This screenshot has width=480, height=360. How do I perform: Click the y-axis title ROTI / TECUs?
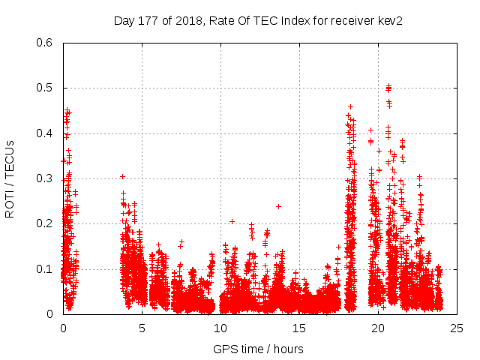10,178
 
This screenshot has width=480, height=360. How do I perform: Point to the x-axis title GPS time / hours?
258,349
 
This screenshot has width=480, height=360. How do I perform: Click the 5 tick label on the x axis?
142,328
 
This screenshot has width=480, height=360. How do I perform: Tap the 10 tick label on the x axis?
220,328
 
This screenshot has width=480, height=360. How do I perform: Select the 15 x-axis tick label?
299,328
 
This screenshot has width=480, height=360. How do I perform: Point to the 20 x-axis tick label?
378,328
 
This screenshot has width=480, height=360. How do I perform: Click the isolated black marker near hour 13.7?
278,206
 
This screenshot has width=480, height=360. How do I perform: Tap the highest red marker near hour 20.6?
388,86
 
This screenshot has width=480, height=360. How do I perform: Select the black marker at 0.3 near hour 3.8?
122,177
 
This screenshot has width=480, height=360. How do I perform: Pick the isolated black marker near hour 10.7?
232,221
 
